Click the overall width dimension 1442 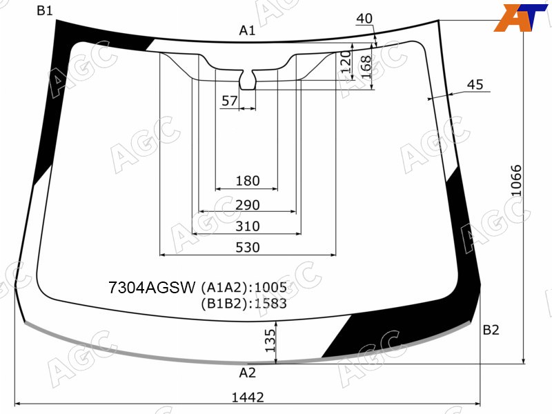click(248, 397)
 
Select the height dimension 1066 click(516, 180)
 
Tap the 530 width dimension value click(248, 248)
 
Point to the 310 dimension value click(248, 226)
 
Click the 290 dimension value click(248, 204)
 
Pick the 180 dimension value click(248, 181)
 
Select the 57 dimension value click(229, 101)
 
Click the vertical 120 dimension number click(346, 61)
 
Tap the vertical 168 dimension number click(366, 67)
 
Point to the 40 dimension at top click(364, 19)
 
